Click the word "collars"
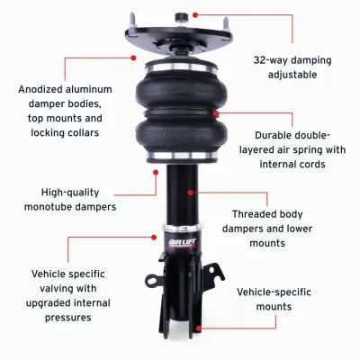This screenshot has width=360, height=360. [100, 132]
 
